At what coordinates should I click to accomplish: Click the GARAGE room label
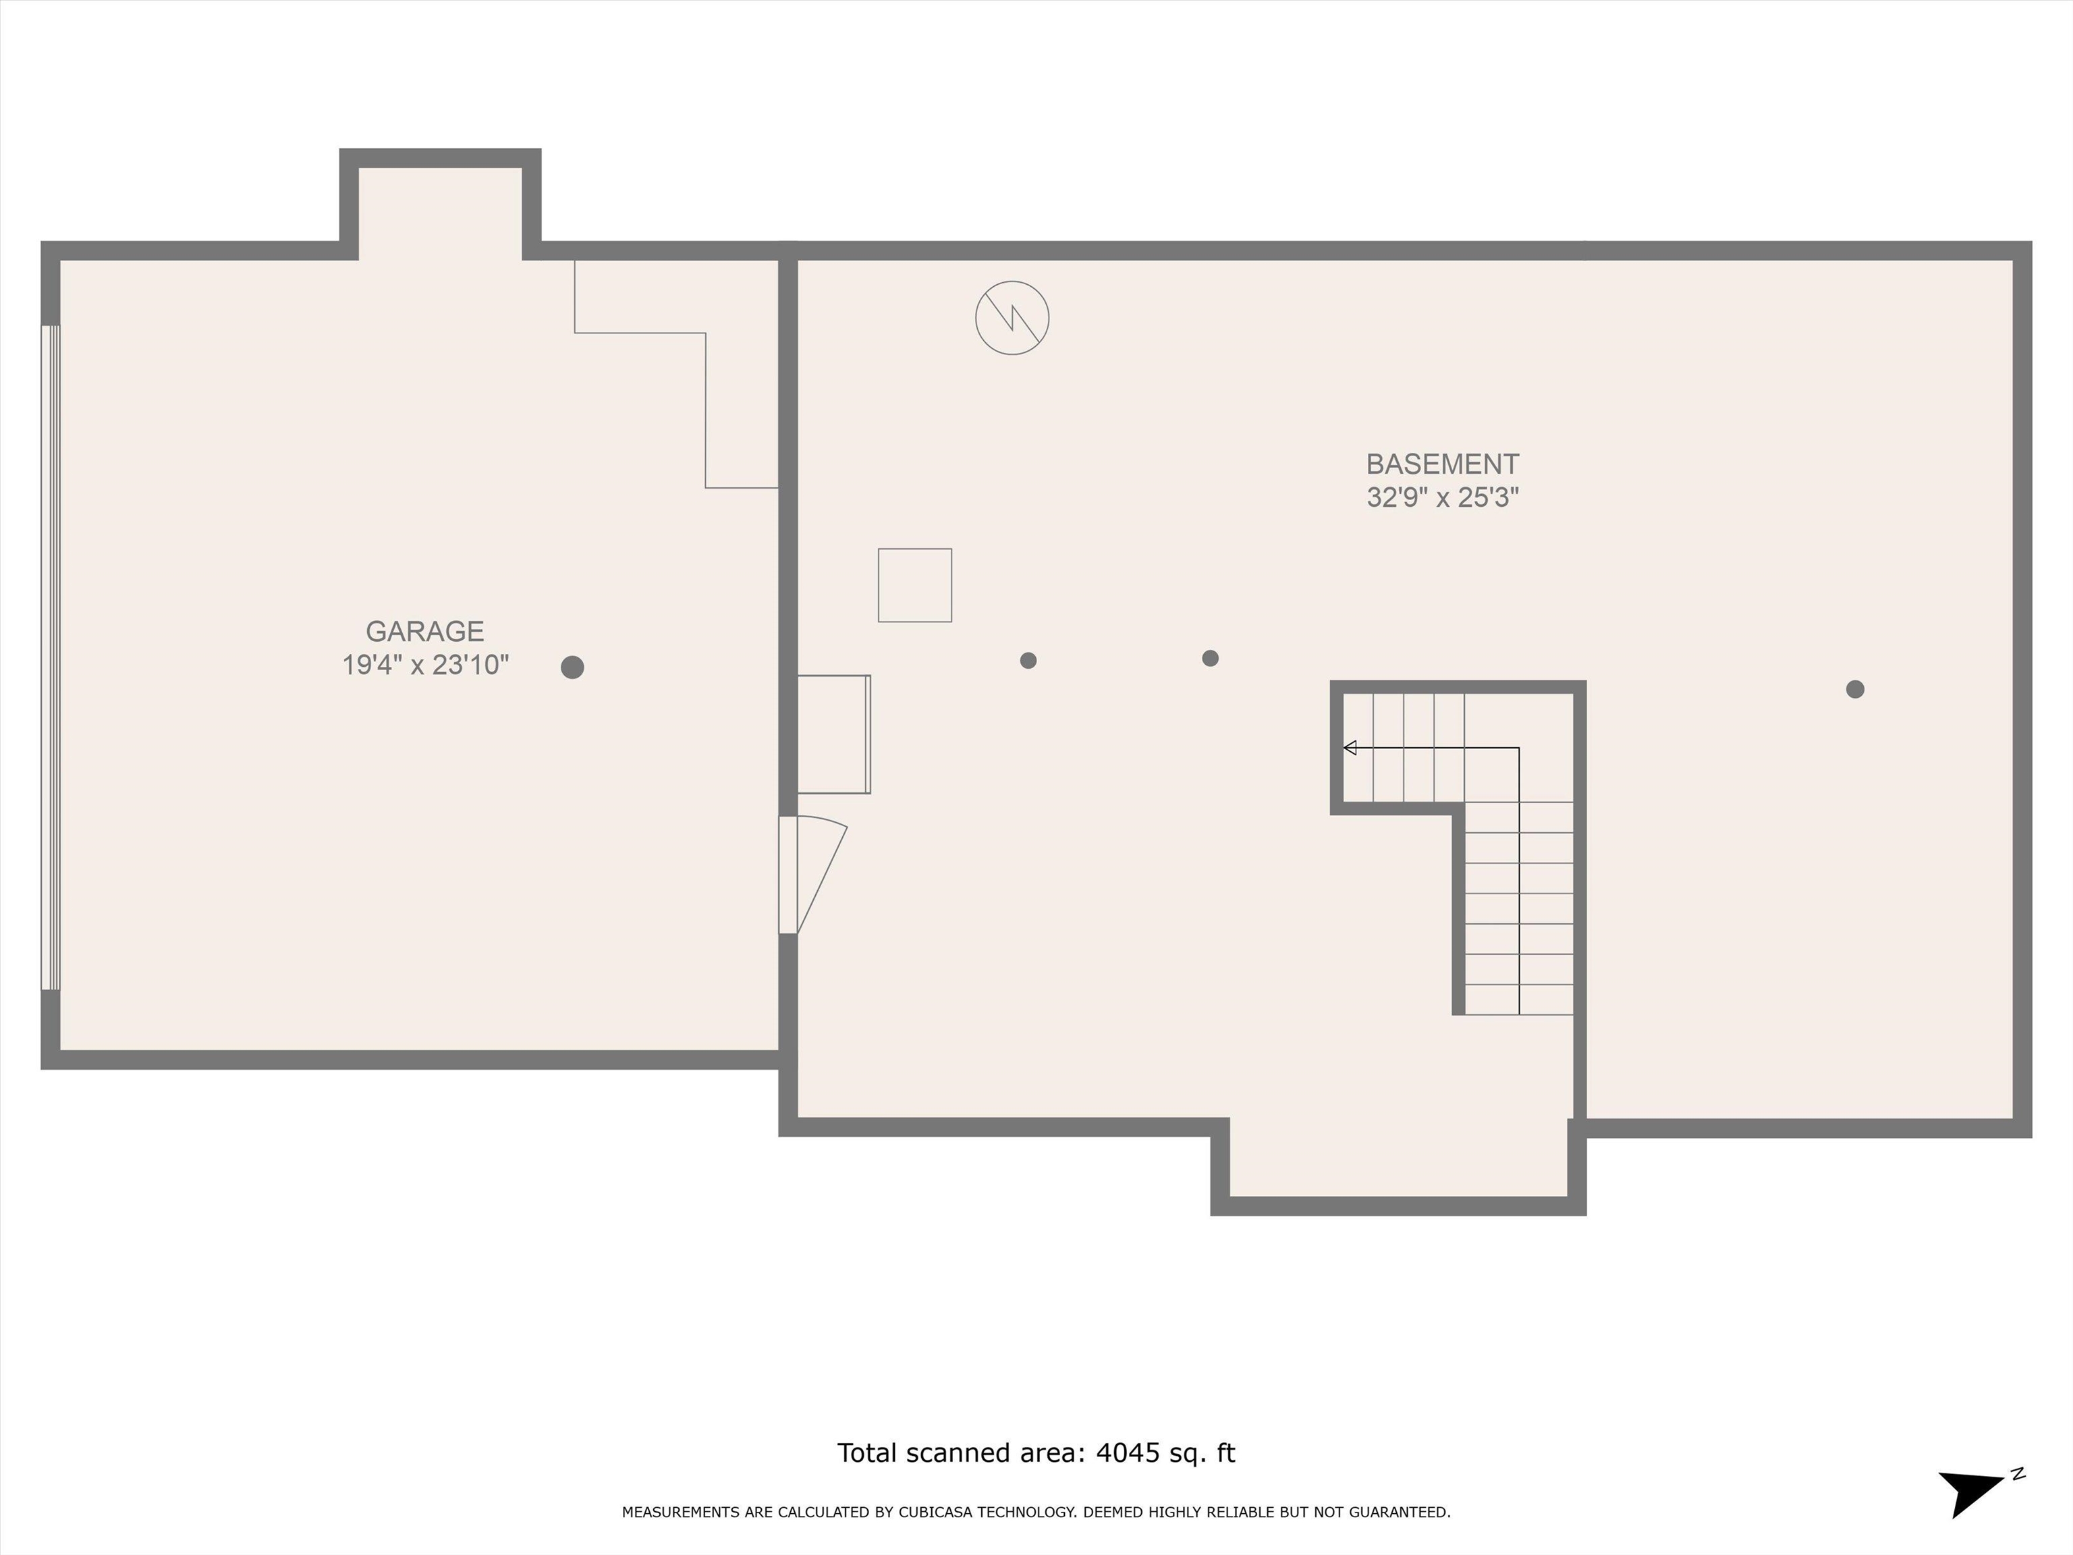(424, 631)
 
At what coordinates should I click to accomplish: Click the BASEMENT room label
(1442, 464)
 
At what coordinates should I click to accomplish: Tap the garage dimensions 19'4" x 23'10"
(424, 665)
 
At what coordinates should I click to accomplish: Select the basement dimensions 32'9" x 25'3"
(1442, 497)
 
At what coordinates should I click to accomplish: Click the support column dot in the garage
(573, 667)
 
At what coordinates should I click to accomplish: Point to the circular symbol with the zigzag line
(1012, 318)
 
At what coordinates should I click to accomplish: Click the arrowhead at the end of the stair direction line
(1350, 748)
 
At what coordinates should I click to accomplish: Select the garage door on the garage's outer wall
(51, 657)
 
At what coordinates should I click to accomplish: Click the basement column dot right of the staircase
(1854, 689)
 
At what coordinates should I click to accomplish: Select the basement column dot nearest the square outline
(1028, 661)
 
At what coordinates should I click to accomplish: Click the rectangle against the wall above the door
(834, 734)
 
